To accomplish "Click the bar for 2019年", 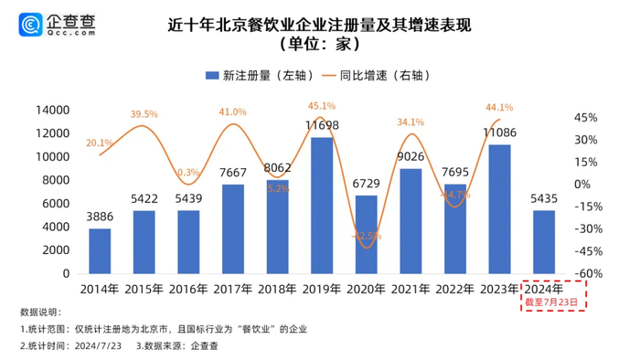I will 322,206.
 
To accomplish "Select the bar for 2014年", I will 100,250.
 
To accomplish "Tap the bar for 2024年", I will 543,241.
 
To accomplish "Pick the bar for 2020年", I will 366,234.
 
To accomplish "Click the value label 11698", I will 322,124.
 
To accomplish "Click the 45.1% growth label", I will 320,105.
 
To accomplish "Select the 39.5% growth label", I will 144,114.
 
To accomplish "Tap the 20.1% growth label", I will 99,143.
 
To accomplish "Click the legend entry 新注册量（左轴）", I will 251,76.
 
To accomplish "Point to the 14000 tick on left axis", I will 53,110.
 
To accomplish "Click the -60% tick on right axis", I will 586,273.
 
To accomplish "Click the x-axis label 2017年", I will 233,289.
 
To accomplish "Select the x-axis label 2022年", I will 454,289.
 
